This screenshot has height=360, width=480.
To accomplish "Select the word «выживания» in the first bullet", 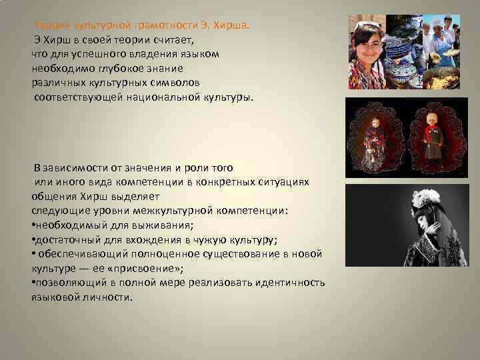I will pyautogui.click(x=161, y=225).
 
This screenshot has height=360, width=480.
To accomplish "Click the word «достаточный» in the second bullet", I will pyautogui.click(x=65, y=239).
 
